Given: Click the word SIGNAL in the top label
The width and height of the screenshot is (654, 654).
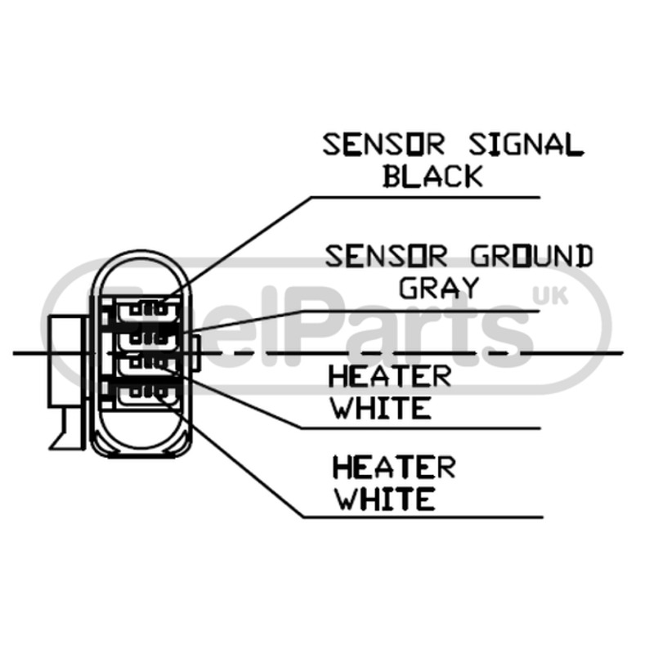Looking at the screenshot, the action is [x=526, y=145].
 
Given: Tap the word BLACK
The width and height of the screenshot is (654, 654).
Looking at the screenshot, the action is [x=433, y=176].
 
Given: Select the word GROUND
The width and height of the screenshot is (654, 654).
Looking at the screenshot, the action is [x=532, y=256].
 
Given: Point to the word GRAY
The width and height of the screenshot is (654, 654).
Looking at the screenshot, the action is [x=439, y=288].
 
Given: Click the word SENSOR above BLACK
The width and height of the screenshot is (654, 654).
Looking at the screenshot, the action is [x=383, y=145].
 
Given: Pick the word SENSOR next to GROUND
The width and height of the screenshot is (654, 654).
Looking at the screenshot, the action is [x=386, y=256].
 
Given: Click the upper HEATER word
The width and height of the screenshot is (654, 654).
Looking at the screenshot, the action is [x=390, y=376].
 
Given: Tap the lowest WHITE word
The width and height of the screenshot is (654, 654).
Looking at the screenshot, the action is [x=386, y=499].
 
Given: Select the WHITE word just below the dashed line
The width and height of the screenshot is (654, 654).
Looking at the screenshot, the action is [x=381, y=407].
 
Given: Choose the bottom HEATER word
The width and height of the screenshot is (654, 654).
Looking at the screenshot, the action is [x=394, y=467].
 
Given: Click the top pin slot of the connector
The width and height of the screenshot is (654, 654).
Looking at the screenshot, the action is [x=148, y=310].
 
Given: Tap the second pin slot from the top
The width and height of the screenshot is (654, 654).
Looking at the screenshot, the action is [x=148, y=338].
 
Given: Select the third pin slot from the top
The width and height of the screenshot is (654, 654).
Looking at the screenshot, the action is [x=148, y=364].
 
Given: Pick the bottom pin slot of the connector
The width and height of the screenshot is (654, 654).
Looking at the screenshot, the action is [x=148, y=392].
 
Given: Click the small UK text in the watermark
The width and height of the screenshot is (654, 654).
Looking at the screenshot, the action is [x=550, y=297].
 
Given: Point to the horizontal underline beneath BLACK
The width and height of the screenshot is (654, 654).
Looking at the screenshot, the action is [x=425, y=197].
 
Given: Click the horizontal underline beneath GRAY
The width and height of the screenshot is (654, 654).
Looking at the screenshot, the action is [x=419, y=311].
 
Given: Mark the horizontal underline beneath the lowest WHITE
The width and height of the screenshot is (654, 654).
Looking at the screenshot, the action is [x=423, y=517].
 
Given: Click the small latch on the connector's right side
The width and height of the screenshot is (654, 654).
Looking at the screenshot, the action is [x=195, y=353].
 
